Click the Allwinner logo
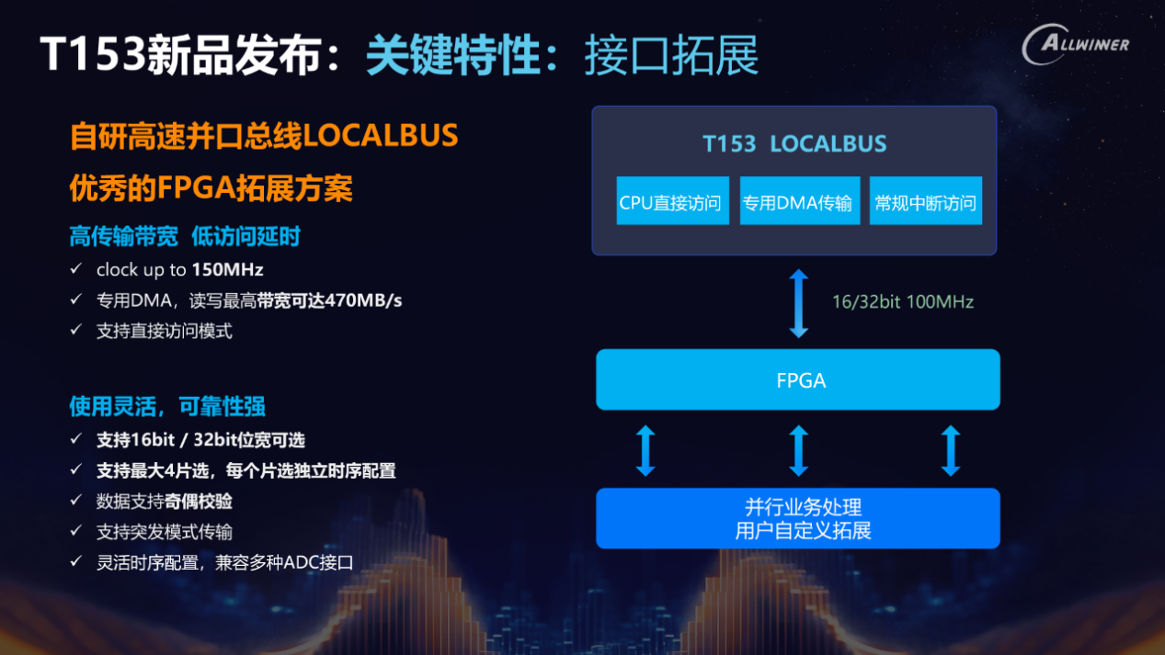click(x=1076, y=45)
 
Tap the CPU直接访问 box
click(x=672, y=200)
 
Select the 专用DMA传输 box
click(x=800, y=200)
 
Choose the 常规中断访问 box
click(x=926, y=200)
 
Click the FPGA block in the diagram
click(x=798, y=379)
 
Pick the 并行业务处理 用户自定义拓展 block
click(x=798, y=518)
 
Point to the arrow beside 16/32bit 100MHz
click(x=798, y=303)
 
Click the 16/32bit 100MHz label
click(x=903, y=302)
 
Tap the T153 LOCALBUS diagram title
click(x=794, y=144)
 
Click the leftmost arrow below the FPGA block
click(x=645, y=450)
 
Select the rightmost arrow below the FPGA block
click(x=951, y=450)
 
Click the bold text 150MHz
click(x=227, y=269)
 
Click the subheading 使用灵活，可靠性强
click(x=167, y=406)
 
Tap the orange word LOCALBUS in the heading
click(x=380, y=136)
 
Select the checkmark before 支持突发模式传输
click(x=76, y=530)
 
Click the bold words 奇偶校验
click(x=199, y=502)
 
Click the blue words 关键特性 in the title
click(x=453, y=55)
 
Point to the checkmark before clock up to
click(x=76, y=268)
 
